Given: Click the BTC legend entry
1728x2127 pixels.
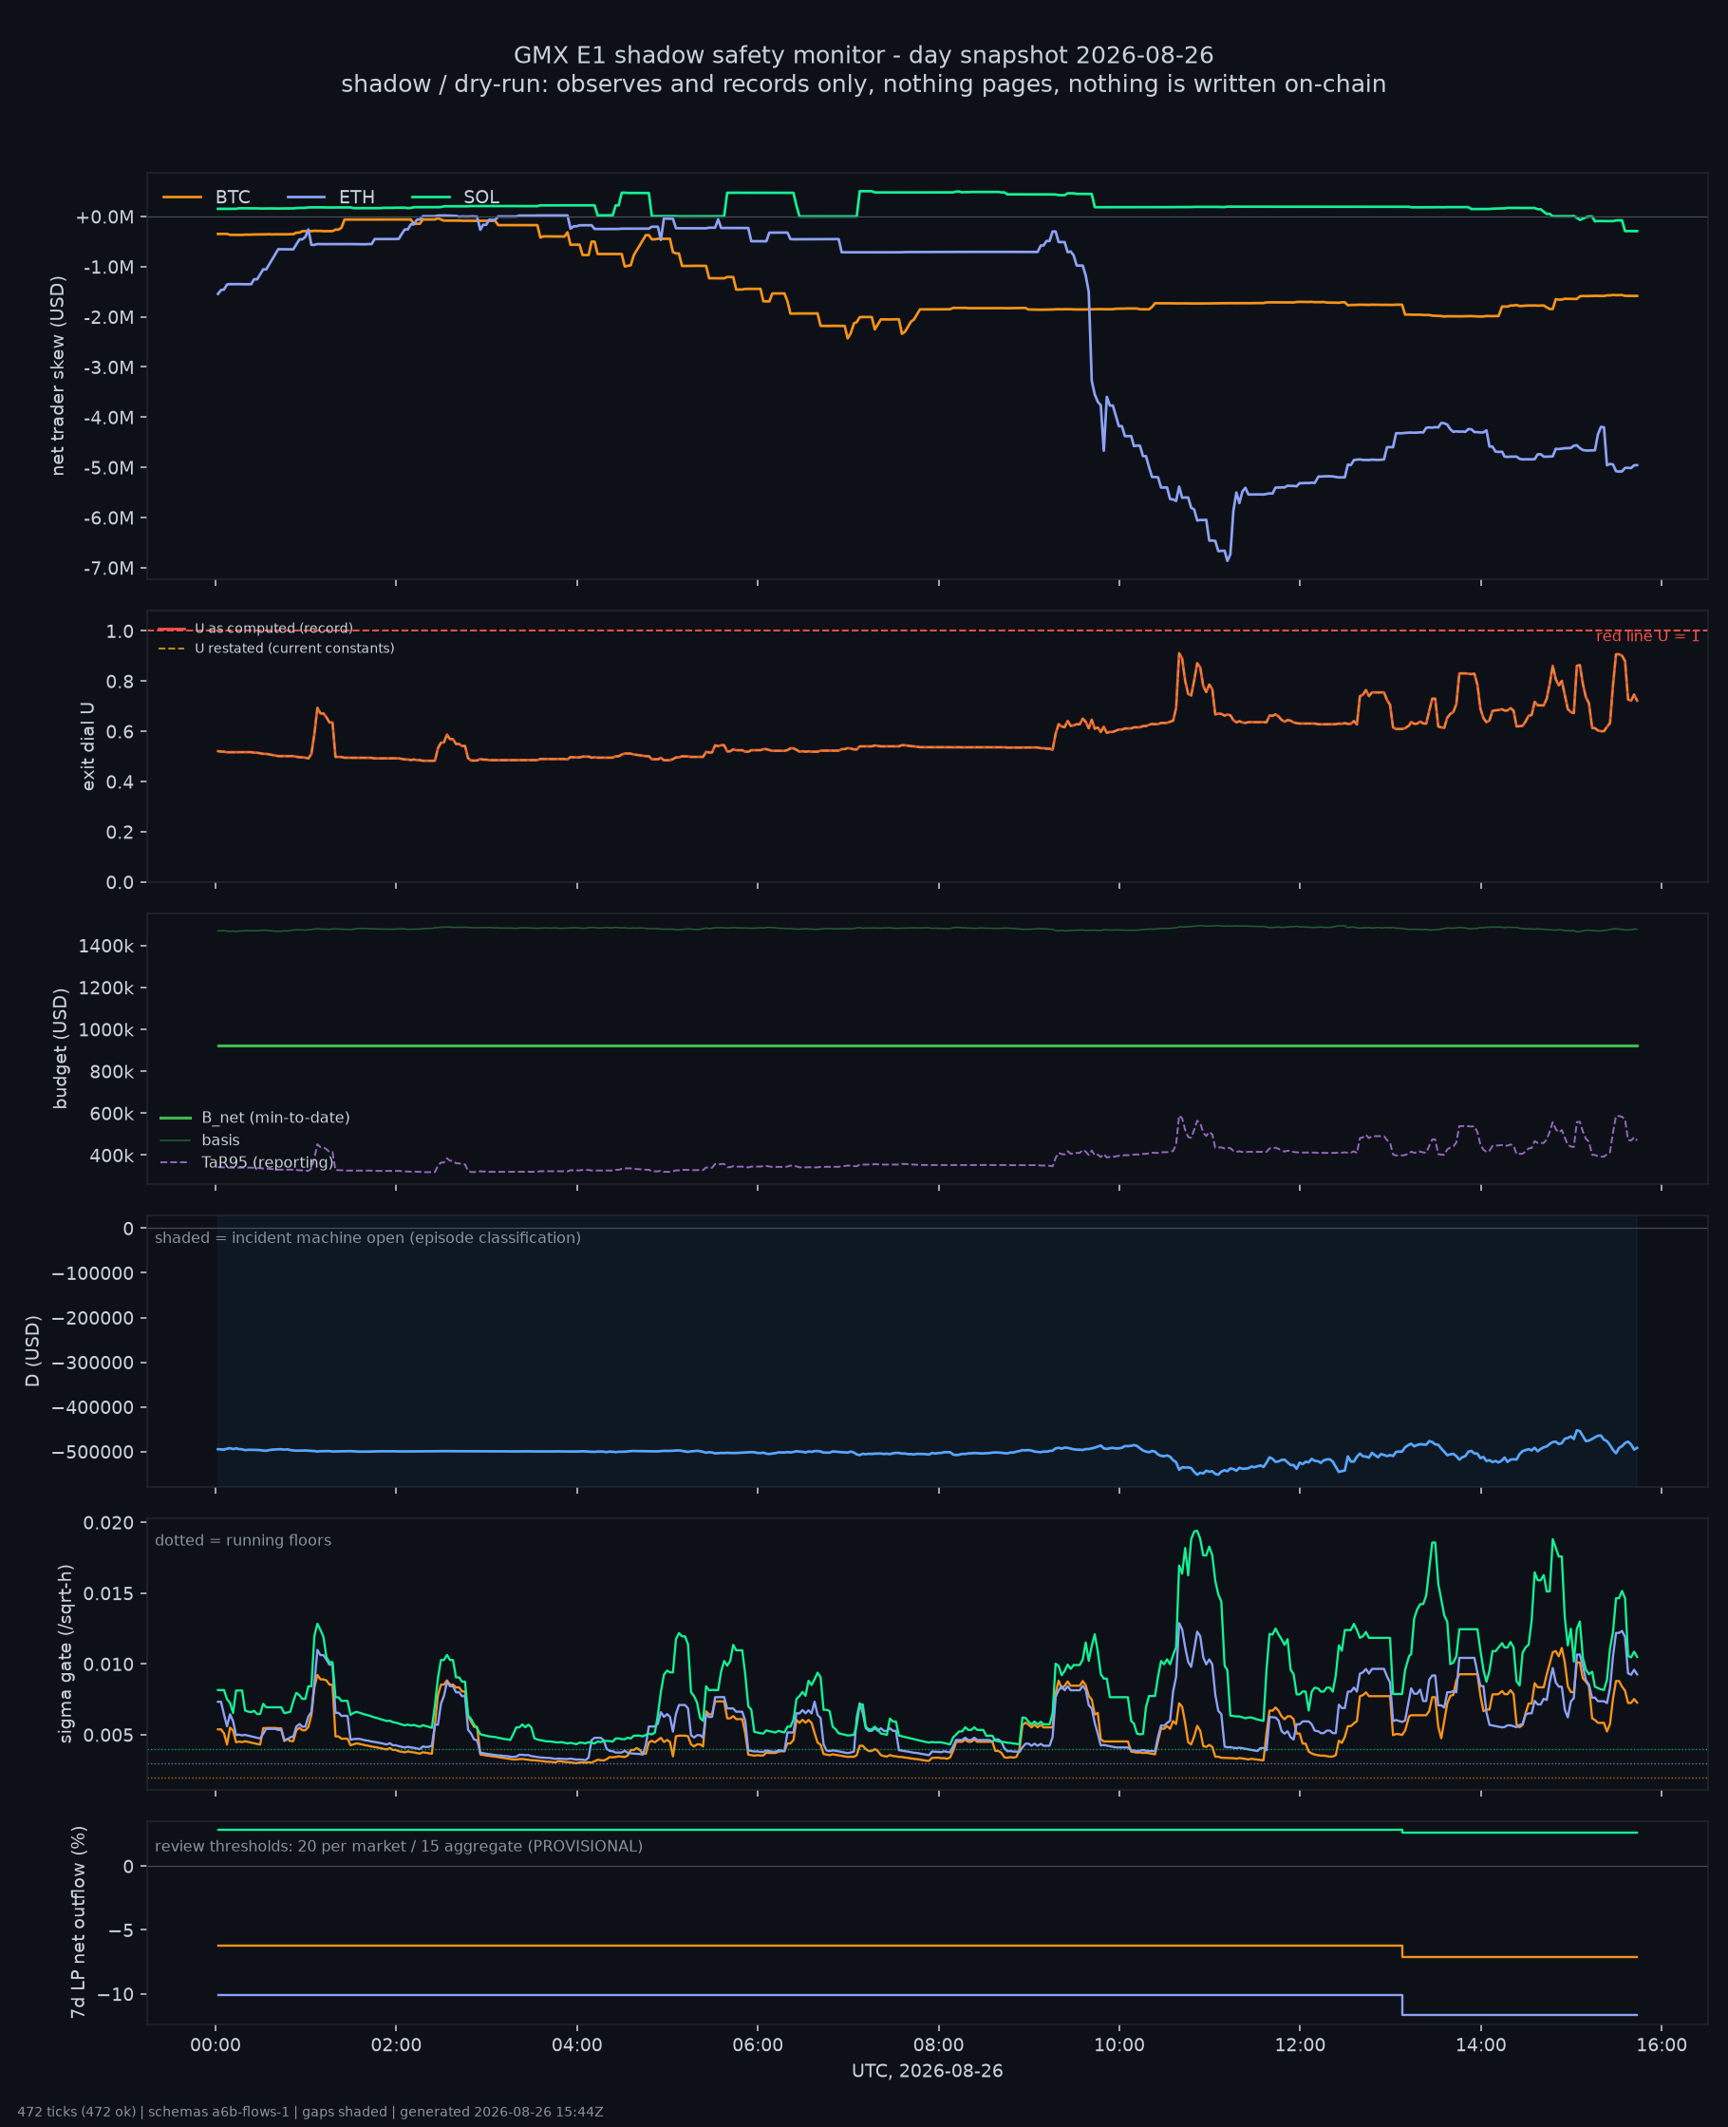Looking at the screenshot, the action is pos(207,198).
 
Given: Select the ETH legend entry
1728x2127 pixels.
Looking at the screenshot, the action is pos(331,198).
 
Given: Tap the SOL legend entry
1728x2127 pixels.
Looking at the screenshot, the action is pos(456,198).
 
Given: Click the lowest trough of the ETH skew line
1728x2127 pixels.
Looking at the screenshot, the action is pos(1228,560).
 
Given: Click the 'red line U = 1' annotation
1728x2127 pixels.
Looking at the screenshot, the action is pos(1647,636).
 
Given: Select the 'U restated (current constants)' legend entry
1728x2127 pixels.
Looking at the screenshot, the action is pos(275,648).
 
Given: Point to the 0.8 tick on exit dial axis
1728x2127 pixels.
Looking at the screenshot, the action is pos(120,682).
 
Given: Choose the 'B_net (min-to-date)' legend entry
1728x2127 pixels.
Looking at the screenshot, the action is pos(254,1118).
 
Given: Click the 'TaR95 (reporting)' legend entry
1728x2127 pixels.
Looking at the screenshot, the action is pos(247,1162).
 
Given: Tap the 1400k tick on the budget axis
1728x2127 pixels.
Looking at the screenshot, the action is pos(105,946).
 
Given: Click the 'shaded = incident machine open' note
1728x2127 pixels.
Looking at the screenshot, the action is pos(367,1238).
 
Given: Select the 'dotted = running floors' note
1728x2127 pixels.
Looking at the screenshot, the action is pos(243,1541).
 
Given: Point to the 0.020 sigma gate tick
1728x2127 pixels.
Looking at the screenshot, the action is pos(108,1523).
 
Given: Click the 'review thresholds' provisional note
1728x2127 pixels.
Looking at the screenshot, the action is pos(398,1846).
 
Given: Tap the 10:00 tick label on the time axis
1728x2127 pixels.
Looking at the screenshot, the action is pos(1118,2045).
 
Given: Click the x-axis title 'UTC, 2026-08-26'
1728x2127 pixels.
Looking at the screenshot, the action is pos(927,2071).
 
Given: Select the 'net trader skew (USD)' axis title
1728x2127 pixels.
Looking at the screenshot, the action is pos(58,376).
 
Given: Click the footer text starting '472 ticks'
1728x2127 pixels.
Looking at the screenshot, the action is pos(310,2112).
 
